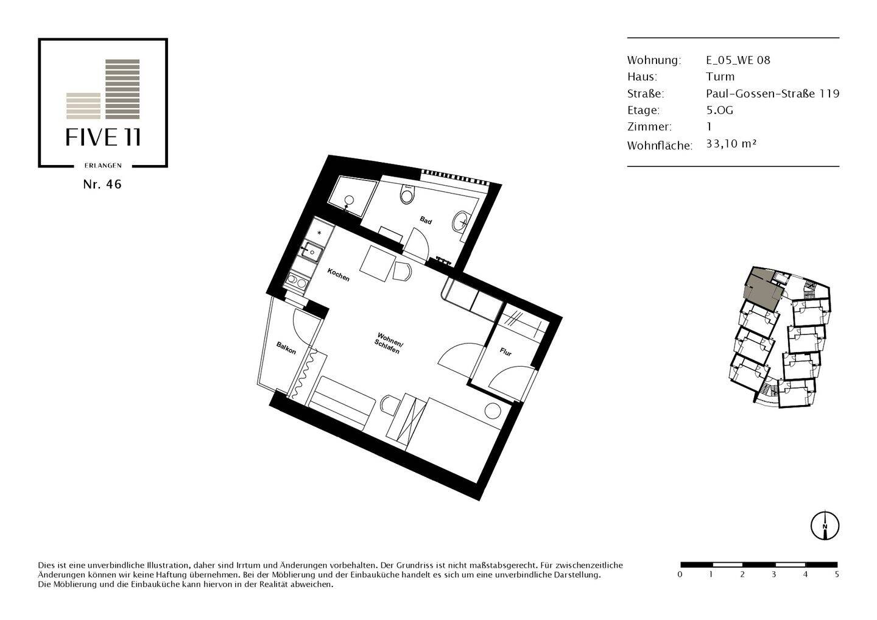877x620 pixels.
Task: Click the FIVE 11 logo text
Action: point(103,138)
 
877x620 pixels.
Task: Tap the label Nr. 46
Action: point(102,185)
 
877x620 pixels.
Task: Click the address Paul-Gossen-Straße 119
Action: point(772,93)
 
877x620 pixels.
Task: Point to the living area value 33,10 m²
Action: point(731,144)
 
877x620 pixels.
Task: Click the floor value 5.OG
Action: point(719,110)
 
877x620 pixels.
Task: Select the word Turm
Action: point(720,77)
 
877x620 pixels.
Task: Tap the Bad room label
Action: point(426,220)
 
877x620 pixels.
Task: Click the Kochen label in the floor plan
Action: point(339,275)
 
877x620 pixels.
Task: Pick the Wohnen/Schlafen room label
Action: point(389,344)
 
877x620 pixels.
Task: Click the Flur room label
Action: point(505,351)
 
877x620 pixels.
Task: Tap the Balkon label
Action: point(286,348)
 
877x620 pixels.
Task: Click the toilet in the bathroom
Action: point(406,194)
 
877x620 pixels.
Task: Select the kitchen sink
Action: point(313,250)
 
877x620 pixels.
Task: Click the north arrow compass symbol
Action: point(825,525)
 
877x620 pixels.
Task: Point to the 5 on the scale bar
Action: point(837,574)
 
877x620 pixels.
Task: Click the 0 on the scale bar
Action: point(680,574)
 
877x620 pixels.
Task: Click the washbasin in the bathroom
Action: point(461,222)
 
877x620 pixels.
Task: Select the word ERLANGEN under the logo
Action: point(103,165)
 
